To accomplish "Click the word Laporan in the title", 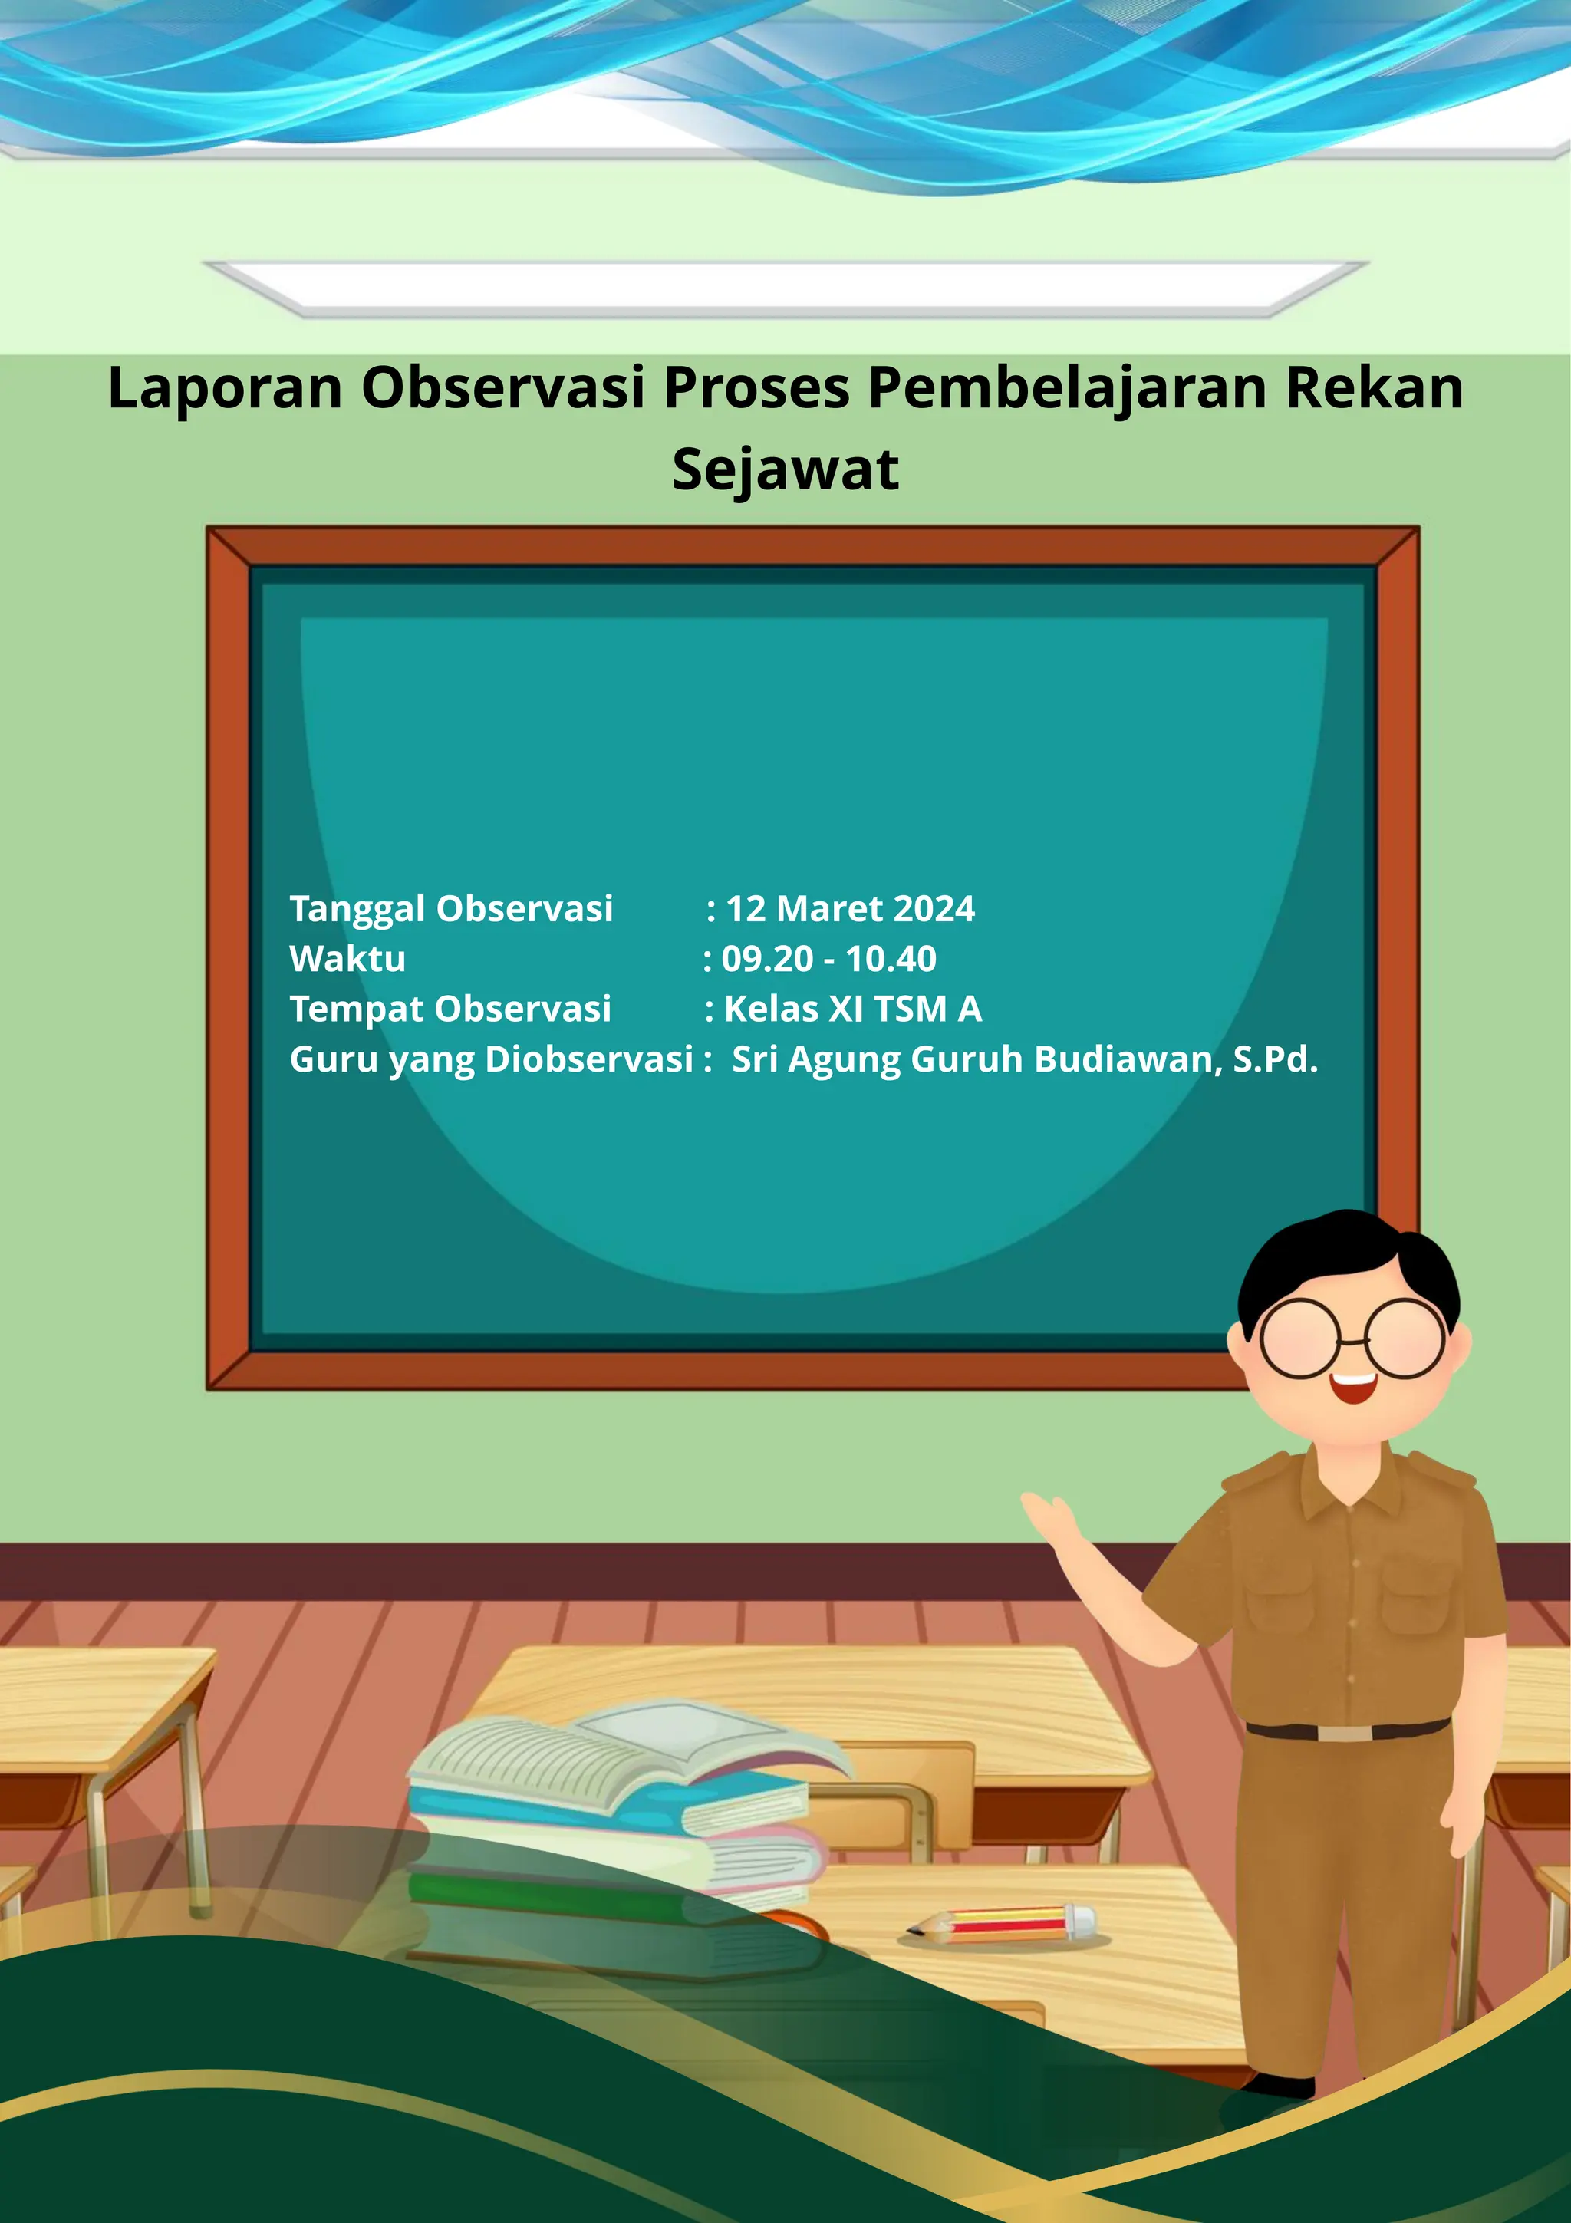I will click(225, 389).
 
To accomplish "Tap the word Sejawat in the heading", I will click(785, 470).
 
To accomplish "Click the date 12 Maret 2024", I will click(850, 909).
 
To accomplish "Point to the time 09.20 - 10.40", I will click(828, 960).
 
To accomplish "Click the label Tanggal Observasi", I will click(451, 909).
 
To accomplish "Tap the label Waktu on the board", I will click(347, 960).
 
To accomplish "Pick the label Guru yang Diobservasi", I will click(492, 1060).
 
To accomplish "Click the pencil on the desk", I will click(1002, 1922).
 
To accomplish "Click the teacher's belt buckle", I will click(1345, 1732).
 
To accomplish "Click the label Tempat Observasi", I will click(450, 1009).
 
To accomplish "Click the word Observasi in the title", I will click(503, 389).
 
